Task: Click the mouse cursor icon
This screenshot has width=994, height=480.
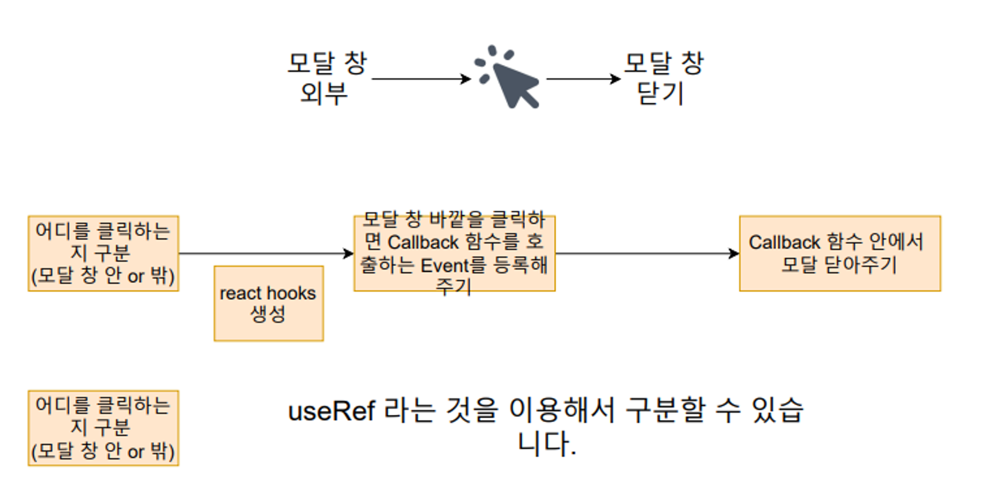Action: pos(512,82)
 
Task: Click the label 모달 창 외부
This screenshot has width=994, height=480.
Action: pos(326,79)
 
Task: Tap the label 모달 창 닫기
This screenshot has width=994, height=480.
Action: pos(663,79)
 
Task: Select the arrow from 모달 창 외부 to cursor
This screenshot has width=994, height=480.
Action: pos(420,79)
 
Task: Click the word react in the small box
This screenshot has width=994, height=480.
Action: pos(241,294)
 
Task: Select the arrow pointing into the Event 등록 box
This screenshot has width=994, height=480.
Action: pos(266,253)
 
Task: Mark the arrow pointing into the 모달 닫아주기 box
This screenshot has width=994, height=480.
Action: pos(647,253)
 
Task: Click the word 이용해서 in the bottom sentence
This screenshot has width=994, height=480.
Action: pos(562,410)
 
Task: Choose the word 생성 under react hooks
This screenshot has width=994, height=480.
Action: pos(268,314)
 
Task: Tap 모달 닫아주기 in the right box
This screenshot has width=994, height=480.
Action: pos(839,264)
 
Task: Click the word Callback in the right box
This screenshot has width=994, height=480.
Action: pos(784,242)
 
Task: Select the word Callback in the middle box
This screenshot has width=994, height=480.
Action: pos(423,242)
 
